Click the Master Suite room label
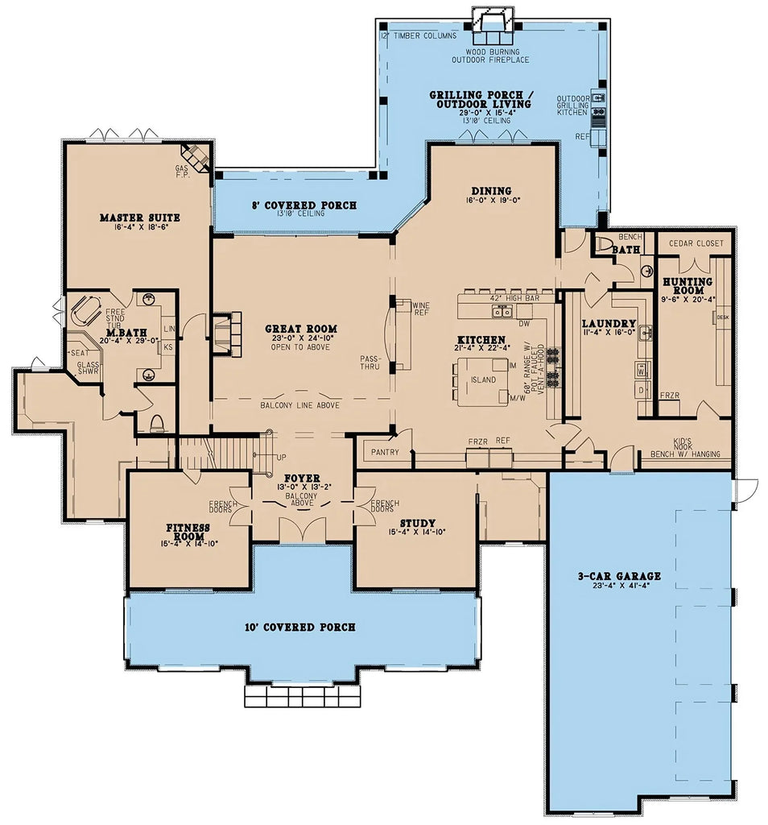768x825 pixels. tap(139, 218)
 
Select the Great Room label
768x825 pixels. tap(301, 329)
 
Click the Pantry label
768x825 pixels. tap(385, 452)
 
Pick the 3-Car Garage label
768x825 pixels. tap(619, 576)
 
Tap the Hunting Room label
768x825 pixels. tap(687, 286)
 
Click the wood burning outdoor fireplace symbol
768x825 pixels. tap(490, 24)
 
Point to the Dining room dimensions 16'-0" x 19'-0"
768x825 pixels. tap(491, 201)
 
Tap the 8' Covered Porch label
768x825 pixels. tap(304, 205)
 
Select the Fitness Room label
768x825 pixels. tap(188, 532)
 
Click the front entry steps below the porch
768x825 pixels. tap(301, 695)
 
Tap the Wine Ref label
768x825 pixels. tap(421, 309)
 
